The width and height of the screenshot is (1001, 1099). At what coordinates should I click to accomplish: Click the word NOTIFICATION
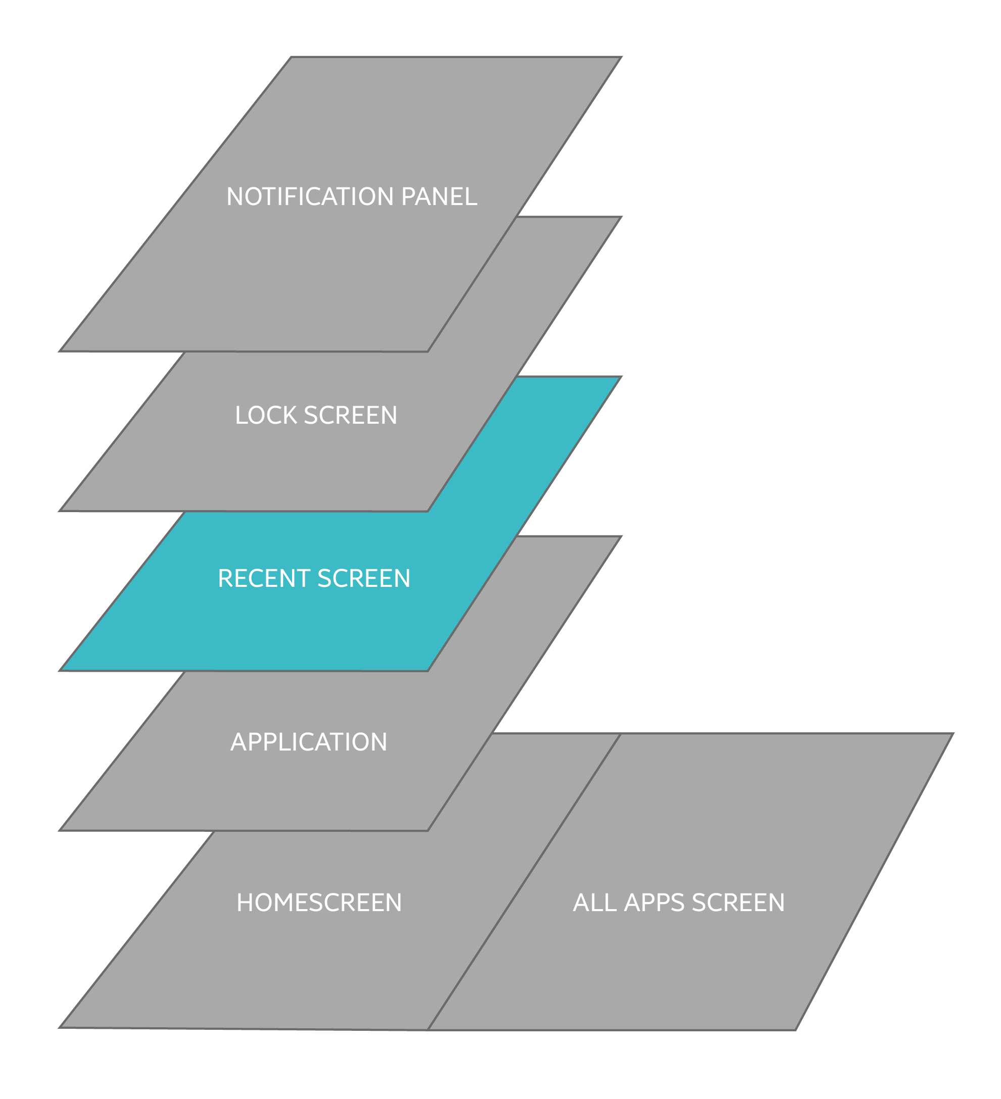(x=311, y=197)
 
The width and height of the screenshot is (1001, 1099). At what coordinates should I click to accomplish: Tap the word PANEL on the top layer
(x=439, y=197)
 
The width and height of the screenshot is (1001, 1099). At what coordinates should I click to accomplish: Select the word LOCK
(x=266, y=415)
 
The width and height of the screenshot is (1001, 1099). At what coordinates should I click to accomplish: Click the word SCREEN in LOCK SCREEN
(x=351, y=415)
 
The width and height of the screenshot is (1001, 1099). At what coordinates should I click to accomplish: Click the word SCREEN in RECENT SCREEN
(x=364, y=578)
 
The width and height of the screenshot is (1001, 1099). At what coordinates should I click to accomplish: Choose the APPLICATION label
(x=309, y=742)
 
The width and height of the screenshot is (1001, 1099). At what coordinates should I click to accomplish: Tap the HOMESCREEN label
(x=319, y=903)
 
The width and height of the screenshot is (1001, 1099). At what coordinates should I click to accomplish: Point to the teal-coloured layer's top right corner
(x=621, y=377)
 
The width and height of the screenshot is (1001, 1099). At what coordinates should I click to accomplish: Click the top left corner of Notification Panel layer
(x=291, y=57)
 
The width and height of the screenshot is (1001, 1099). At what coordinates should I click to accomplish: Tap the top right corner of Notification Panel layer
(x=622, y=57)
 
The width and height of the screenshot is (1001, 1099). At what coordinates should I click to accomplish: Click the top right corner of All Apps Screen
(x=953, y=734)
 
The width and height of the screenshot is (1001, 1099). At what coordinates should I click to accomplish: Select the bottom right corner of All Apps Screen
(x=796, y=1030)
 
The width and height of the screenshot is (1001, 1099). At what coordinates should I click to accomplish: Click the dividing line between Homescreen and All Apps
(x=523, y=882)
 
